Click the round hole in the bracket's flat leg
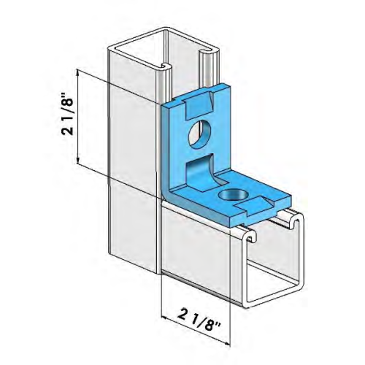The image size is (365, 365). (x=234, y=193)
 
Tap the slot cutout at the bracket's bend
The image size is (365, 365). (x=197, y=172)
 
